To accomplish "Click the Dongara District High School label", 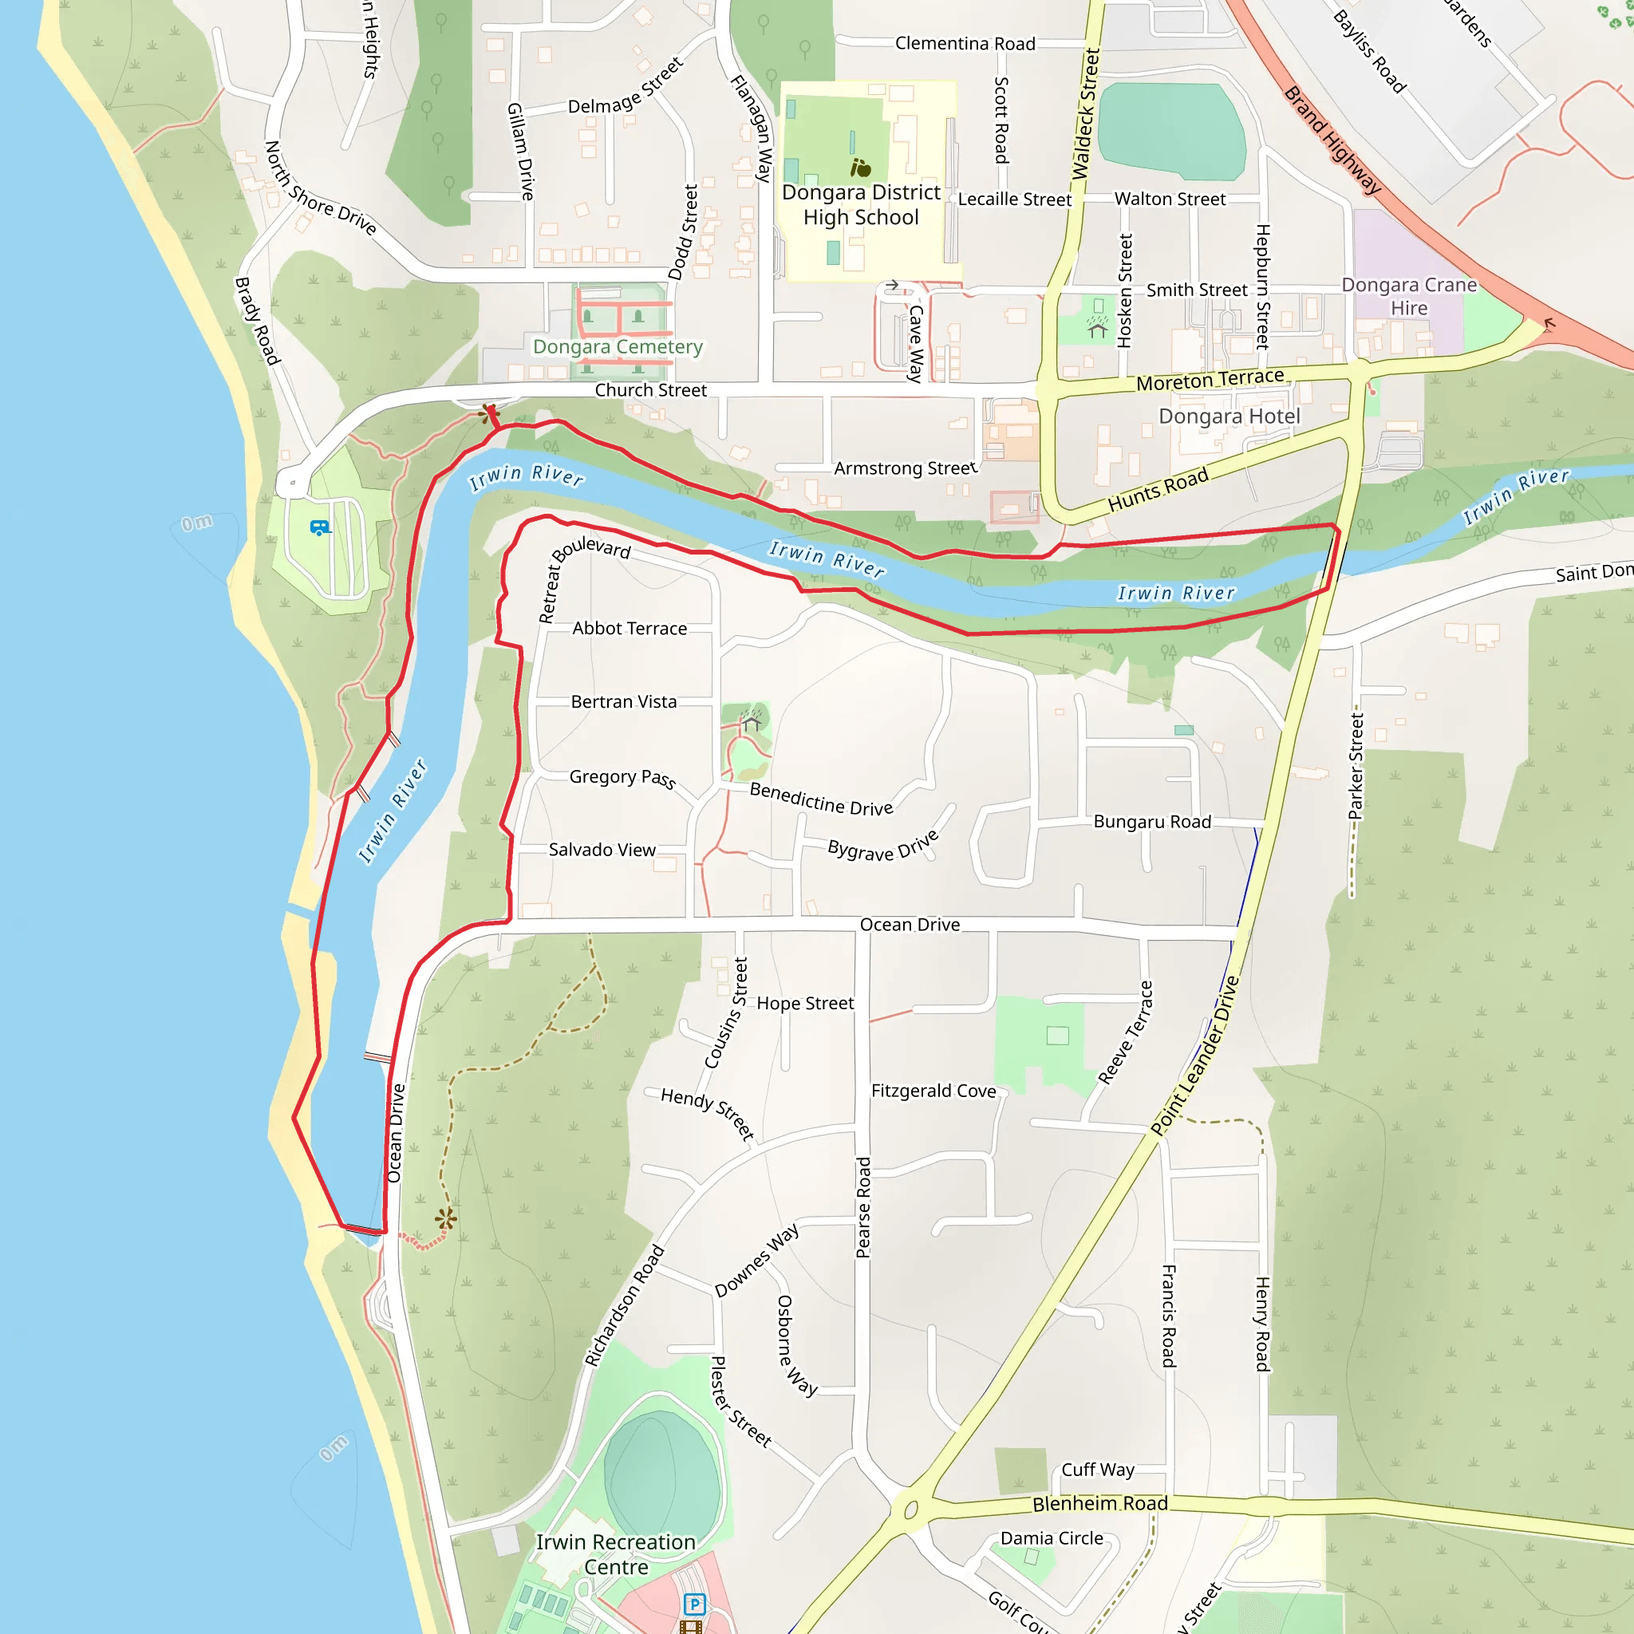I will (x=860, y=205).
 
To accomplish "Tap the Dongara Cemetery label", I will (x=618, y=347).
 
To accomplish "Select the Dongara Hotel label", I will (x=1229, y=416).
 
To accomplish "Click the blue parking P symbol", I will (x=694, y=1604).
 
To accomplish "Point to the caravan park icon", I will (x=319, y=527).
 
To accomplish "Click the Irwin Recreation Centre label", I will (x=616, y=1554).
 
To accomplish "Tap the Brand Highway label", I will (x=1332, y=140).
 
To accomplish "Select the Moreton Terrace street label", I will (x=1210, y=380).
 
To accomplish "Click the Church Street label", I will (x=650, y=390).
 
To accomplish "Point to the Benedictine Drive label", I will (x=821, y=799).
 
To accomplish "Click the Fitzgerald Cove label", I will (x=933, y=1091).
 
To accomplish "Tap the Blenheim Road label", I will (x=1099, y=1504).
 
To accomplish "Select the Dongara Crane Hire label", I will (x=1409, y=296).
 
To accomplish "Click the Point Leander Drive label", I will (x=1194, y=1055).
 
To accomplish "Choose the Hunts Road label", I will (x=1158, y=490).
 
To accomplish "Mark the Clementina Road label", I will (x=965, y=43).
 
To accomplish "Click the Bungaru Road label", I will (x=1152, y=822).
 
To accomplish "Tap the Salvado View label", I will (x=602, y=850).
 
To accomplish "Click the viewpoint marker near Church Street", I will (x=488, y=413).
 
